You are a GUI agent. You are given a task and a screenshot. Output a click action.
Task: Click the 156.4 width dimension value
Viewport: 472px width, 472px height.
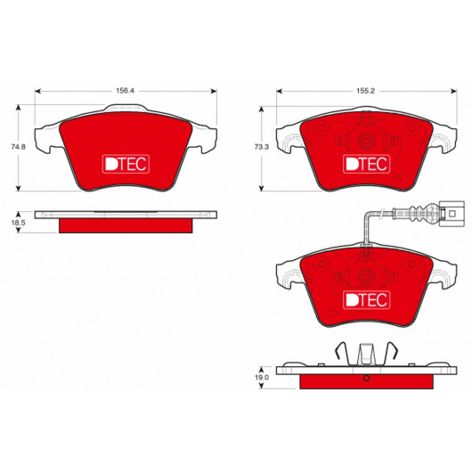tap(125, 91)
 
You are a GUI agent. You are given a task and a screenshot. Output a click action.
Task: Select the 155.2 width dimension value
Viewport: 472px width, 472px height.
tap(366, 91)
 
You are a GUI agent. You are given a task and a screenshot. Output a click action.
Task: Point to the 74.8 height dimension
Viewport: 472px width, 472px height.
tap(18, 147)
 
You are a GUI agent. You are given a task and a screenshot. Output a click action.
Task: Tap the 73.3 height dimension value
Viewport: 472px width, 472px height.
tap(261, 147)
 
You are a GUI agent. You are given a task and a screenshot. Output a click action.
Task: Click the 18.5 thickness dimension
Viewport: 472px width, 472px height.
tap(18, 223)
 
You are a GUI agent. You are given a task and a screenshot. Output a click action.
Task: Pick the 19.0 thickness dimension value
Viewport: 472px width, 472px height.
tap(262, 378)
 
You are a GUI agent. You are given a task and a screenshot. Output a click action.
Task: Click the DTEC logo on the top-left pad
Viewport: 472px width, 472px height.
tap(126, 164)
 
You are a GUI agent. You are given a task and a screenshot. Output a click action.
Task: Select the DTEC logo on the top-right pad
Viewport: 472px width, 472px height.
tap(366, 164)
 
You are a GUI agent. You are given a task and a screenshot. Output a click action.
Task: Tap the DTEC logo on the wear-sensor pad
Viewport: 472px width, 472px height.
tap(366, 300)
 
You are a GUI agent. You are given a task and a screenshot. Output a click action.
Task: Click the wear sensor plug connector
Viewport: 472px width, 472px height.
tap(452, 213)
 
